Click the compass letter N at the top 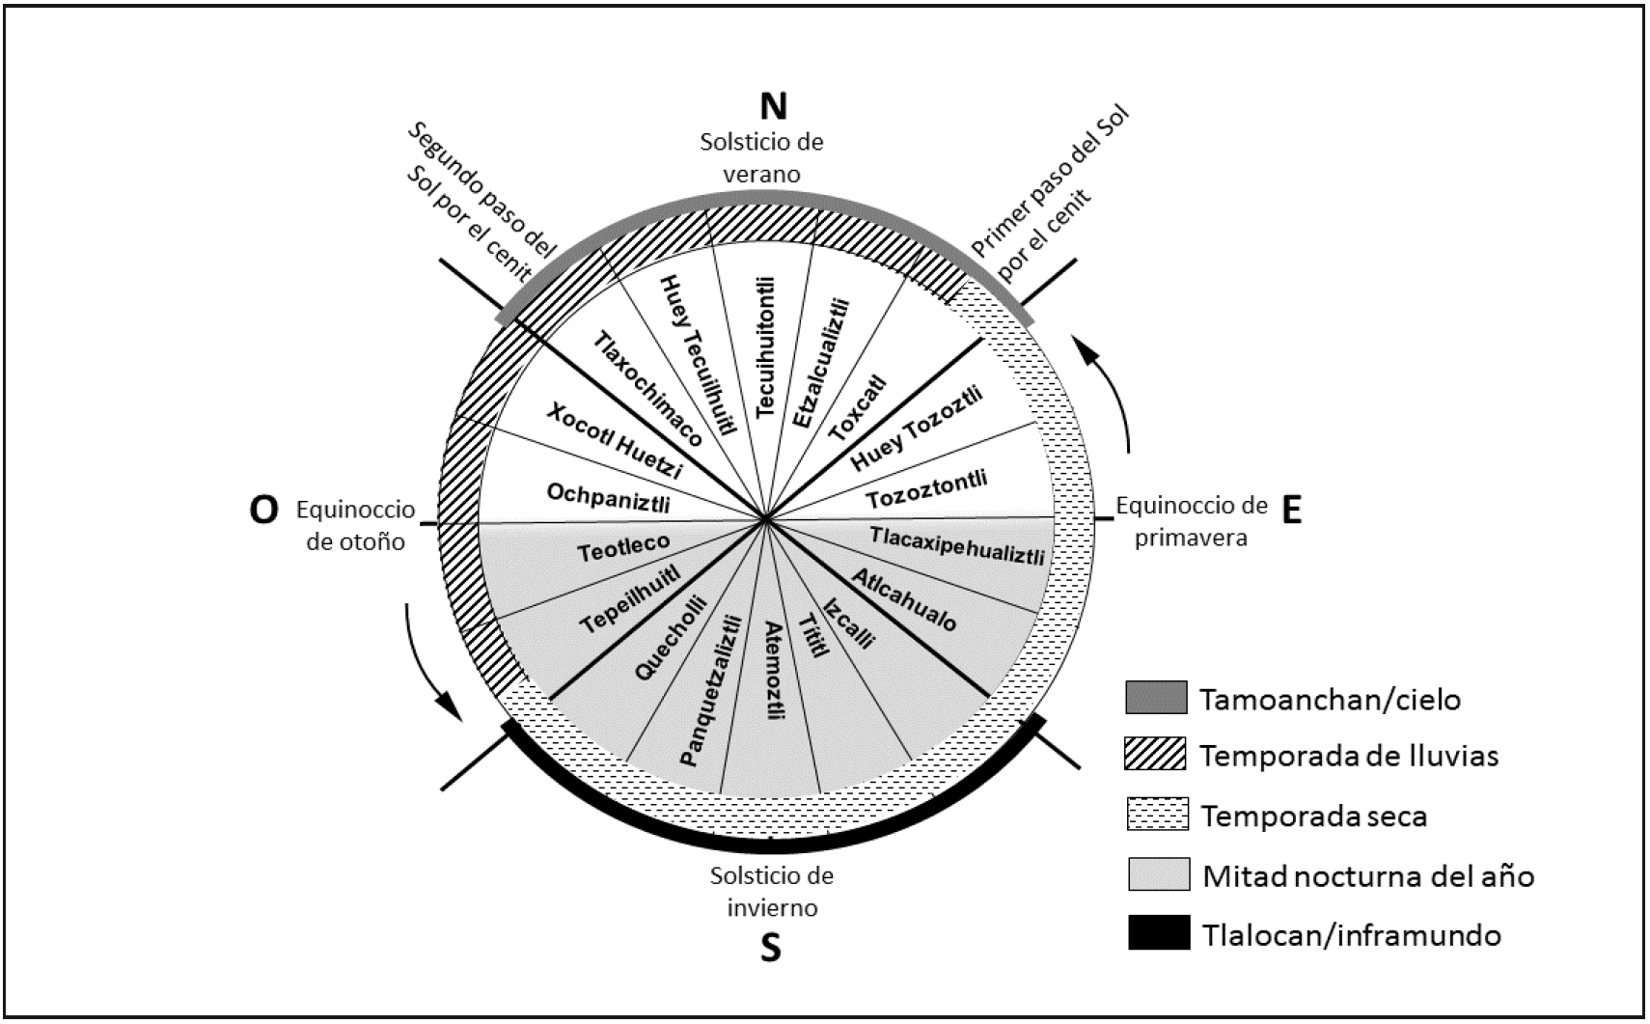773,106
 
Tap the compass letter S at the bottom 770,949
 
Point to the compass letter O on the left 263,511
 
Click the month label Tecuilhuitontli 766,346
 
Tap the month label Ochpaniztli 608,498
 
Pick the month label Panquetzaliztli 712,690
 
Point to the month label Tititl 812,636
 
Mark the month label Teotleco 623,548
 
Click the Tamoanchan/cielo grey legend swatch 1156,697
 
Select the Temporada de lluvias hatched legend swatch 1156,755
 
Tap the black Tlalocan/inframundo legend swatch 1159,933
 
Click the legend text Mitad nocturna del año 1367,876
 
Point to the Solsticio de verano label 762,158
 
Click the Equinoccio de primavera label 1191,521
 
